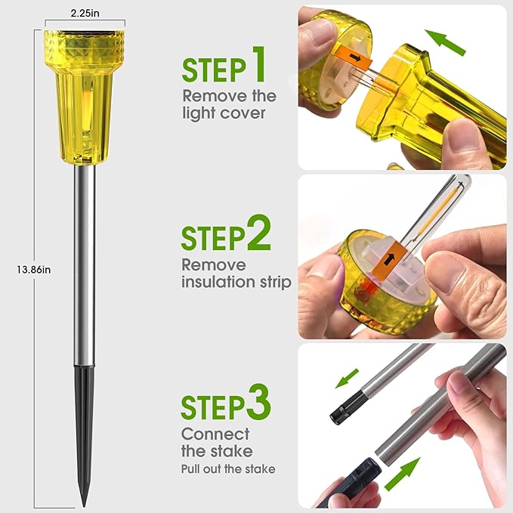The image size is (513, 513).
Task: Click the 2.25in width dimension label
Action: (x=85, y=13)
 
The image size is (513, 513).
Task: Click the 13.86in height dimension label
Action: (x=34, y=270)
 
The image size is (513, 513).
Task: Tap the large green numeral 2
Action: (x=259, y=233)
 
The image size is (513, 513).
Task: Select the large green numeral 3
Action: (x=259, y=402)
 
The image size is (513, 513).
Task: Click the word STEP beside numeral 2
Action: (x=213, y=238)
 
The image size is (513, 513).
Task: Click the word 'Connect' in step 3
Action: (x=215, y=434)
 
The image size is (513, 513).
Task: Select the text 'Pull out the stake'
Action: (x=228, y=469)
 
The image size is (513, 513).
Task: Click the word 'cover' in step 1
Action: (x=243, y=113)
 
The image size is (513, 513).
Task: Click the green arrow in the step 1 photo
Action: (x=445, y=42)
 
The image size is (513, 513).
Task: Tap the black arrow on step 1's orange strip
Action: (x=355, y=58)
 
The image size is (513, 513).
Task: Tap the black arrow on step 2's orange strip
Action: (x=388, y=259)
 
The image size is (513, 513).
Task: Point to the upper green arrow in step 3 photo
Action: (x=347, y=379)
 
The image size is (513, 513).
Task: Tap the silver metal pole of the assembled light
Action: (x=85, y=265)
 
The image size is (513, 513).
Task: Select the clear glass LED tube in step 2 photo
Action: (x=435, y=216)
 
